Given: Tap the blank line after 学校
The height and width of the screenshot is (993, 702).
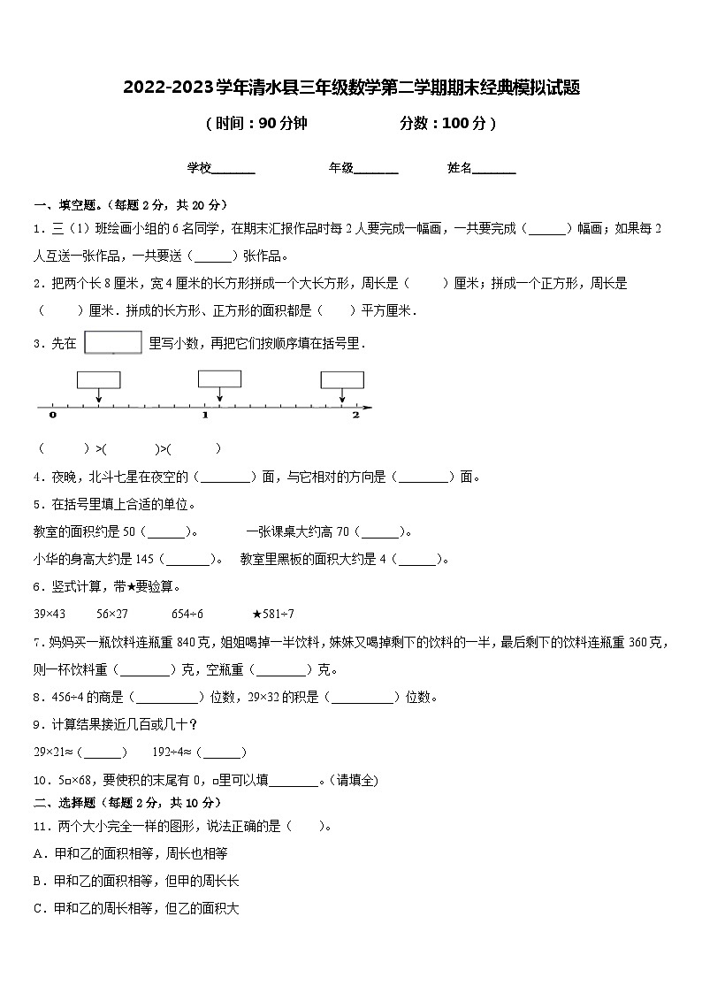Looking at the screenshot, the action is coord(234,169).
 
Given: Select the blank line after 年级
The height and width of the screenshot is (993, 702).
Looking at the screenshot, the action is coord(377,169).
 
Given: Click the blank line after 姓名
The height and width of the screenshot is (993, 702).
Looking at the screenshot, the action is coord(495,169).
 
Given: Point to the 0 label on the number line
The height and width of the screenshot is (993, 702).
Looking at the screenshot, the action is coord(53,415).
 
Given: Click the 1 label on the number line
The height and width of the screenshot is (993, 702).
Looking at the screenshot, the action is coord(205,415).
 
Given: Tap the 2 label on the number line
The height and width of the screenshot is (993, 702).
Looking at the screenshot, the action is coord(355,415).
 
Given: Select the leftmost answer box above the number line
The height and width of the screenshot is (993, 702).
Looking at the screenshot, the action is coord(98,379).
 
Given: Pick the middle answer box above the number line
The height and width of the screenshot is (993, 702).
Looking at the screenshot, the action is coord(219,378).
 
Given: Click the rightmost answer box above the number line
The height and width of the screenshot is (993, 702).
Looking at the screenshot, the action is coord(341,379).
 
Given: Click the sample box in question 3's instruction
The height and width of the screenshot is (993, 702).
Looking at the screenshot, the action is coord(113,342).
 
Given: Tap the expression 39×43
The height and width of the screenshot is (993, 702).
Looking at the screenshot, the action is coord(50,614).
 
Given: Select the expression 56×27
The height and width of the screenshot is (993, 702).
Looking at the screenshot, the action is coord(113,614).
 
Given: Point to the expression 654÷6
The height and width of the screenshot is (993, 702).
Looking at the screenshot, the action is coord(187,614).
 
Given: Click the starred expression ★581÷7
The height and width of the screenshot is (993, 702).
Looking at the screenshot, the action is coord(273,614).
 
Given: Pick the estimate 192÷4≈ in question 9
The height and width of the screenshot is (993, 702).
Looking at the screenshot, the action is coord(174,752).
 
